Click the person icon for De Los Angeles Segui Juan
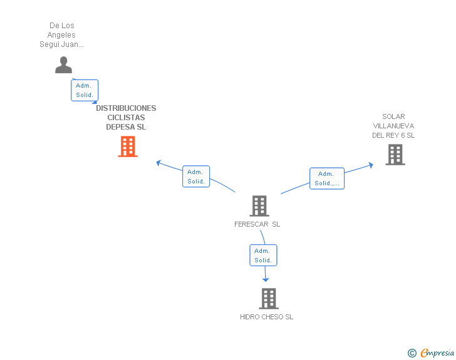[x=63, y=65]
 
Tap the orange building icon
[x=128, y=147]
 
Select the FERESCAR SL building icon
[x=259, y=206]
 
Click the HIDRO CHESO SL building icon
[x=269, y=299]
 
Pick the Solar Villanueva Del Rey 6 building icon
[x=395, y=155]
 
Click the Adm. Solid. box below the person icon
[x=85, y=90]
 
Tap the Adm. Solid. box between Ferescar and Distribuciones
[x=196, y=177]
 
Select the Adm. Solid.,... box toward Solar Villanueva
[x=327, y=178]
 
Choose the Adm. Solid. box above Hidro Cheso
[x=263, y=255]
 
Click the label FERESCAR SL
[x=257, y=224]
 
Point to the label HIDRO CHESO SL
[x=266, y=317]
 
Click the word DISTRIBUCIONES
[x=126, y=108]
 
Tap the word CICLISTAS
[x=126, y=118]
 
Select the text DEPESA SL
[x=126, y=127]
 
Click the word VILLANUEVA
[x=393, y=126]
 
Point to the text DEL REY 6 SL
[x=393, y=135]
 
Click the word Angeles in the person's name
[x=61, y=35]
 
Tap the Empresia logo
[x=431, y=352]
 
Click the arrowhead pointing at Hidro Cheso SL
[x=266, y=280]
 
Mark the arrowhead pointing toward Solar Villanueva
[x=371, y=165]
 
